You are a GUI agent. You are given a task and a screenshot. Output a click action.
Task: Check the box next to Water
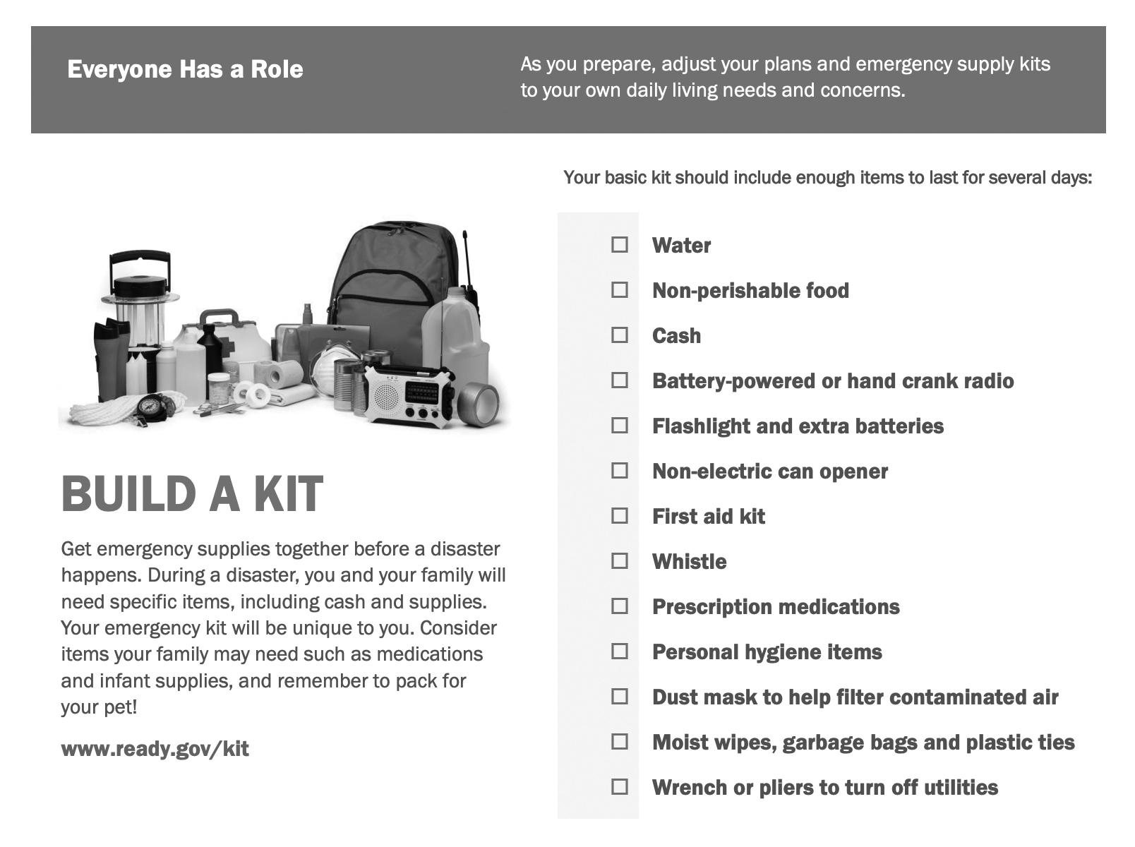619,245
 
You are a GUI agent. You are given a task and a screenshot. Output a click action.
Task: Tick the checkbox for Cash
619,335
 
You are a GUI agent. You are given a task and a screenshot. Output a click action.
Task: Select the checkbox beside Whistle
619,561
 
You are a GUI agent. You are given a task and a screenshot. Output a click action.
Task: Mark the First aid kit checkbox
619,516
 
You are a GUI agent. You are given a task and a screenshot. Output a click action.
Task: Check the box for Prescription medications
619,606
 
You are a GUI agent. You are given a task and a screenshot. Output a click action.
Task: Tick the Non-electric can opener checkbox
619,471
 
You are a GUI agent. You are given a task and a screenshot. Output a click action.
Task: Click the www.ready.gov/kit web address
155,748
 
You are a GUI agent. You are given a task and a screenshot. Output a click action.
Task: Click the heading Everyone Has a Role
185,69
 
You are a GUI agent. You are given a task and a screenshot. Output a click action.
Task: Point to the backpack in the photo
395,282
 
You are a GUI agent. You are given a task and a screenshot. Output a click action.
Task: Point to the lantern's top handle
140,257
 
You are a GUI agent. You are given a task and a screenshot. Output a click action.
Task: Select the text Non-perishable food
750,290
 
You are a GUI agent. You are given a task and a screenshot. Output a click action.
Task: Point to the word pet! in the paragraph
117,707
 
